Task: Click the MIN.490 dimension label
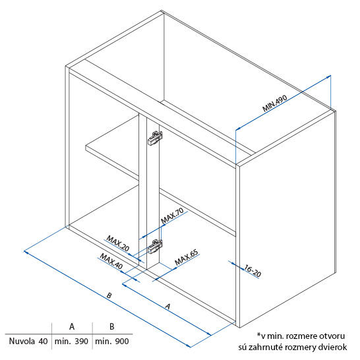(275, 104)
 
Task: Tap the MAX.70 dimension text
(172, 216)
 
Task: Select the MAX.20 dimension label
(118, 243)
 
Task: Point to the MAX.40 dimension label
(111, 261)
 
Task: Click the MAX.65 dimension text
(187, 257)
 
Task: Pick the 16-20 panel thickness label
(253, 271)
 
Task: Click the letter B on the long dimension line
(109, 295)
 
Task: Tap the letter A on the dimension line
(168, 307)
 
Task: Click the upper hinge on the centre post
(155, 138)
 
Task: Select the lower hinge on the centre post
(155, 247)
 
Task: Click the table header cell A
(72, 326)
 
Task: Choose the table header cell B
(112, 326)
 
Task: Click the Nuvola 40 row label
(28, 341)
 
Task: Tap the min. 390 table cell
(71, 341)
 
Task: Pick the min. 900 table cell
(112, 341)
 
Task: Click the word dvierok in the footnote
(332, 347)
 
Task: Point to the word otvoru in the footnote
(332, 336)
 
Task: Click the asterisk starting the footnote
(258, 334)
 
